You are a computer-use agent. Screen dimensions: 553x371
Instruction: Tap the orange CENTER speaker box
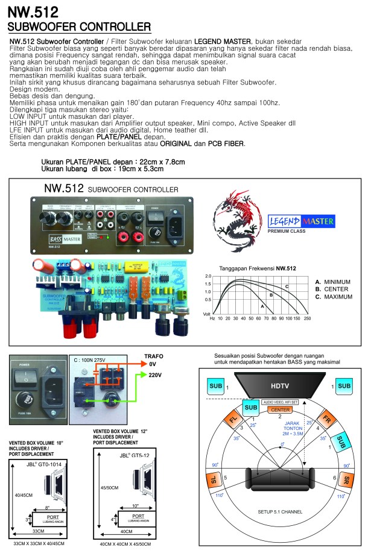coord(279,410)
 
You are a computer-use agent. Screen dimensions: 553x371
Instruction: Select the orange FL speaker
coord(235,419)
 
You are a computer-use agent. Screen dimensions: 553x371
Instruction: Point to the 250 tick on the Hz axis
coord(307,318)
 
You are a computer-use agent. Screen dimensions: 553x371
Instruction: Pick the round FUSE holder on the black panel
coord(27,398)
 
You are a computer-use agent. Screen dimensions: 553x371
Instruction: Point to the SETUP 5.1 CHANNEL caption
coord(279,512)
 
